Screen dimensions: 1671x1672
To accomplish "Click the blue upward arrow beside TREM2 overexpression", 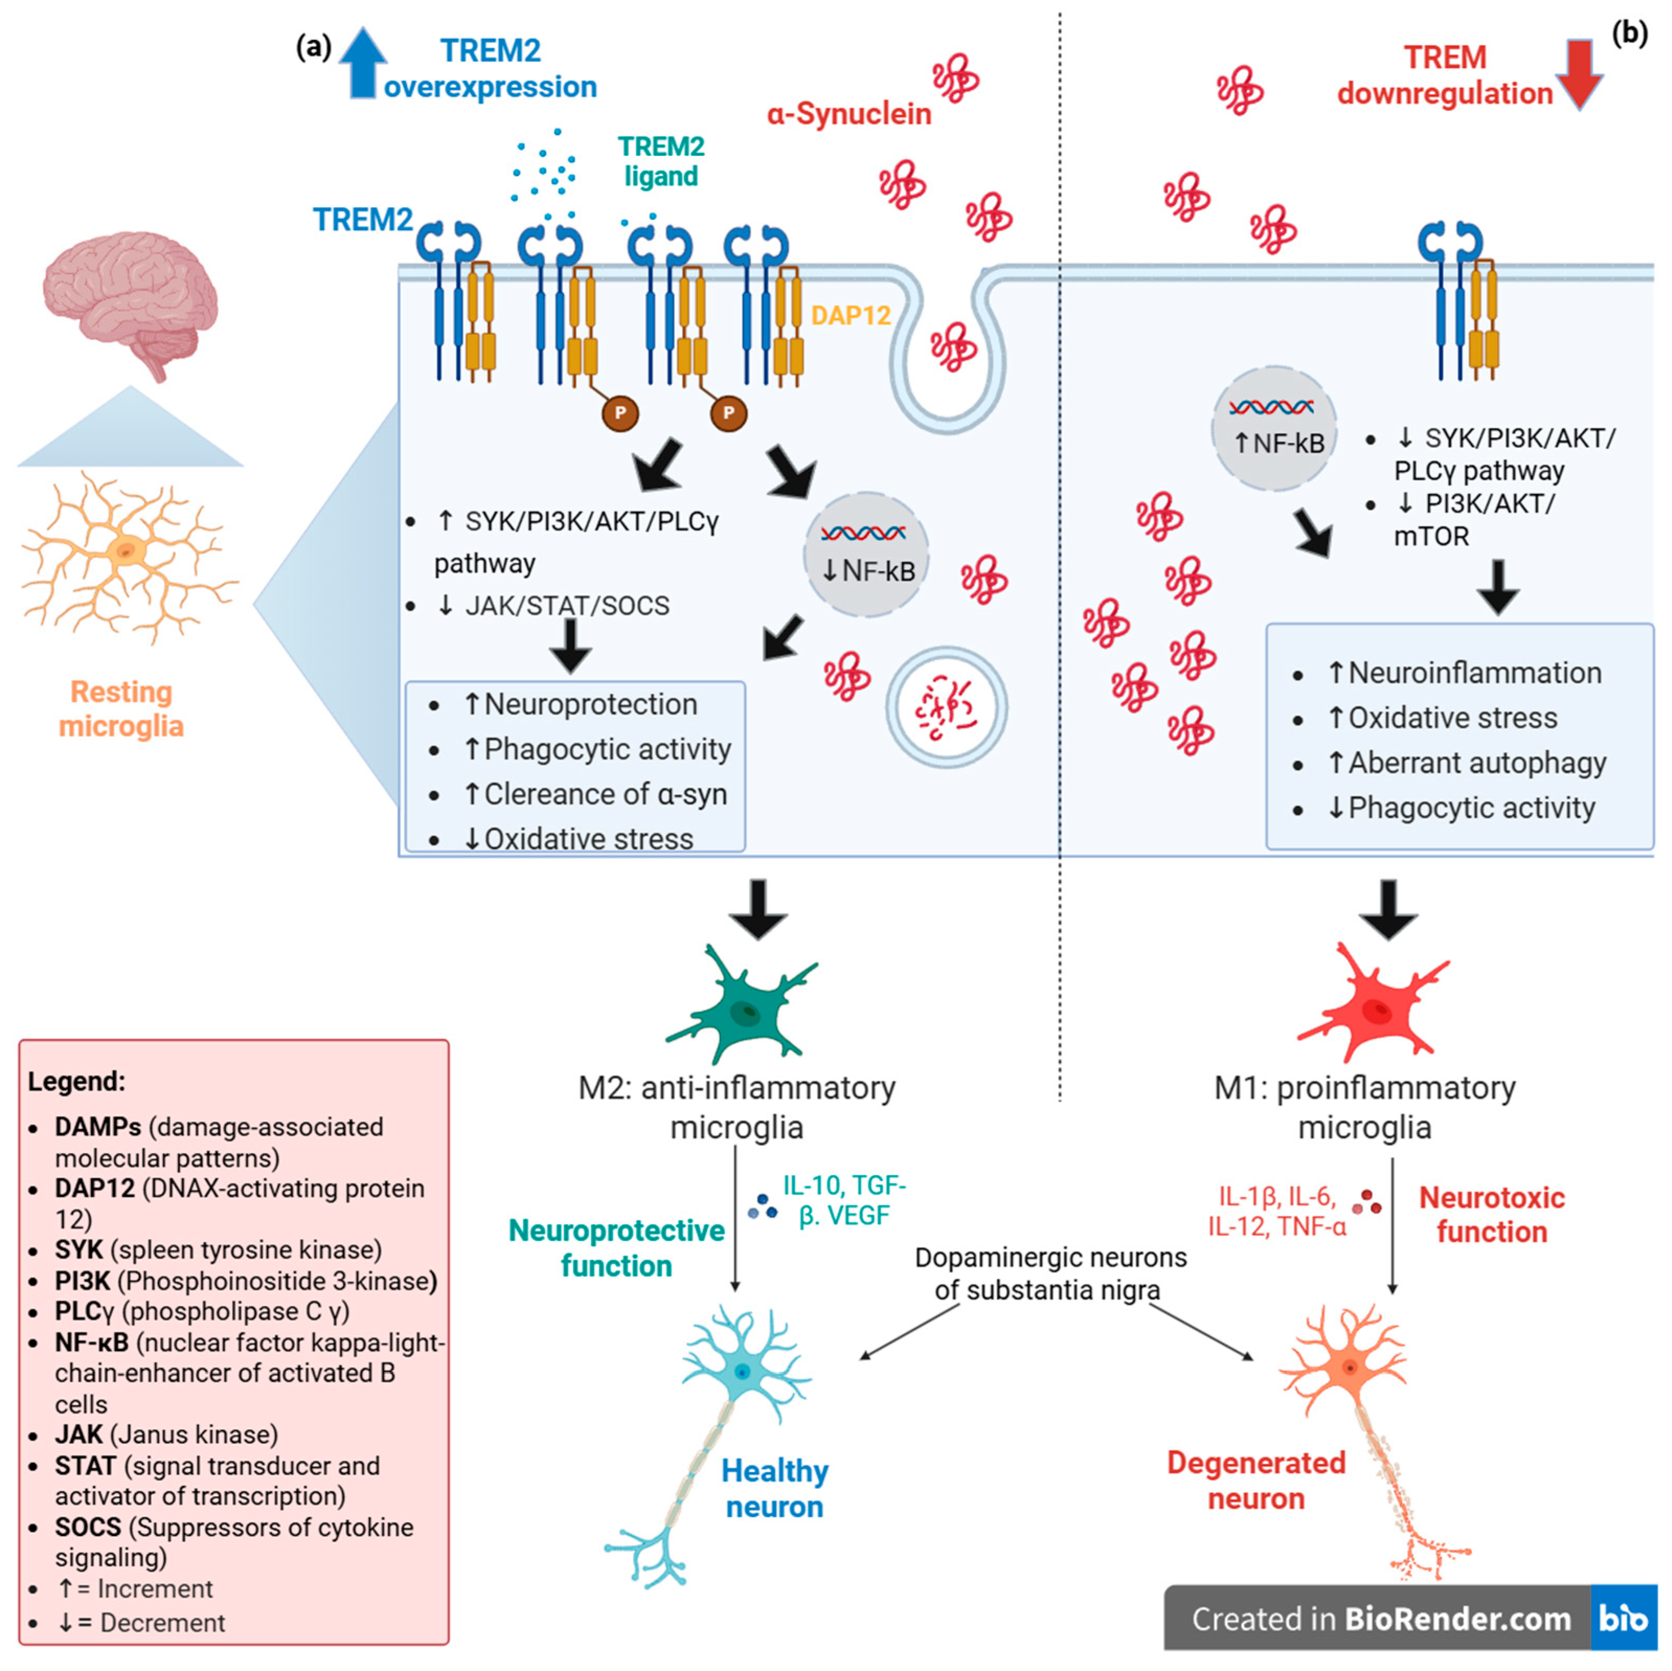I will click(x=362, y=62).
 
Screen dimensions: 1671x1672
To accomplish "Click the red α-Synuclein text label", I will click(x=848, y=114).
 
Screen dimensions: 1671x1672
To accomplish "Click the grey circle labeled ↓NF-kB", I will click(x=866, y=554).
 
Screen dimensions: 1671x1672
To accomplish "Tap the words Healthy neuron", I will click(x=775, y=1489).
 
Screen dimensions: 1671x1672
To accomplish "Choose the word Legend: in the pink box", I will click(x=76, y=1081).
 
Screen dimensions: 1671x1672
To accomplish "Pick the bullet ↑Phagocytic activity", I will click(x=597, y=749).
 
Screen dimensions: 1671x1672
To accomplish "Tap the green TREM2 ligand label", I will click(x=661, y=161).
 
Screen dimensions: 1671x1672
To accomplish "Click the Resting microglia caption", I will click(x=121, y=708).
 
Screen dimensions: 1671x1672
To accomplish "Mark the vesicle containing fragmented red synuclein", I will click(x=946, y=708).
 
